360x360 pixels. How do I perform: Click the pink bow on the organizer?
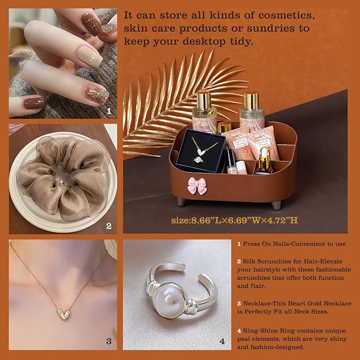pyautogui.click(x=197, y=186)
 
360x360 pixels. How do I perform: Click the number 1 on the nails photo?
pyautogui.click(x=109, y=111)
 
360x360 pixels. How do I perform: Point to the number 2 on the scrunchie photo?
pyautogui.click(x=109, y=226)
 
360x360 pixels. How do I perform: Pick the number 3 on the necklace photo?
pyautogui.click(x=109, y=341)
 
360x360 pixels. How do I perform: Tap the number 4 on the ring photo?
pyautogui.click(x=222, y=341)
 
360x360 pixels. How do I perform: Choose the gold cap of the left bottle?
pyautogui.click(x=204, y=100)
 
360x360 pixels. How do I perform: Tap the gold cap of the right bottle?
pyautogui.click(x=251, y=101)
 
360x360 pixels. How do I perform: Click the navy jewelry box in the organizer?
pyautogui.click(x=201, y=151)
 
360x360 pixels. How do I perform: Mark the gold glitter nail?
pyautogui.click(x=97, y=94)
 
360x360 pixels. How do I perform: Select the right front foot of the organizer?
pyautogui.click(x=276, y=206)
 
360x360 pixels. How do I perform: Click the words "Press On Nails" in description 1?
pyautogui.click(x=268, y=244)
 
